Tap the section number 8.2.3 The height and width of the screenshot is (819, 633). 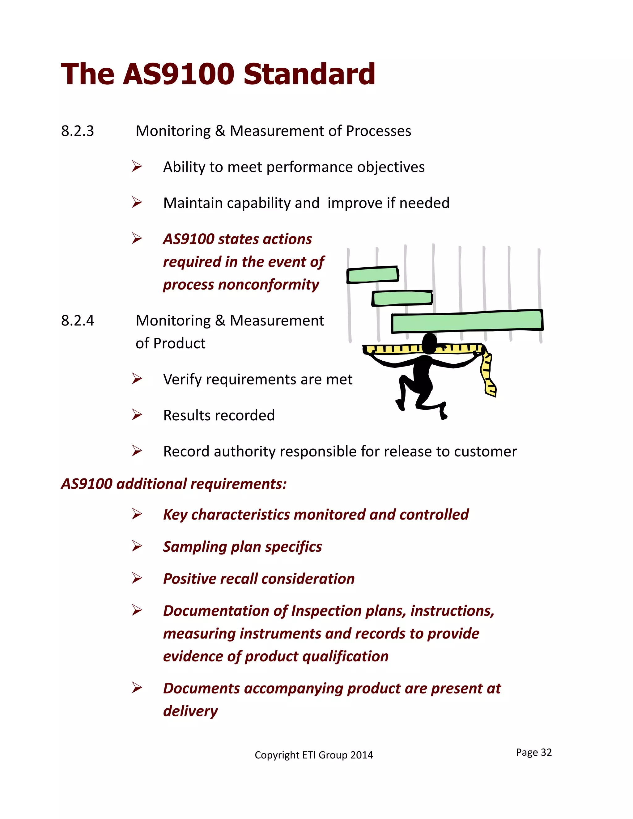[x=78, y=131]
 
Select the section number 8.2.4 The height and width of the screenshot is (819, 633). [x=78, y=320]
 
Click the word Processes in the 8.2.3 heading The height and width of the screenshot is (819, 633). [x=378, y=131]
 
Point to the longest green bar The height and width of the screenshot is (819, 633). [x=467, y=321]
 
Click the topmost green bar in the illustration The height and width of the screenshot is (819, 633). [x=372, y=275]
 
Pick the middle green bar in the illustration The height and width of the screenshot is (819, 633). [x=402, y=298]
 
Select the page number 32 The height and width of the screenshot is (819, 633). [x=546, y=752]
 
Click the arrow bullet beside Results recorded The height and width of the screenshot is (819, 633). [x=137, y=415]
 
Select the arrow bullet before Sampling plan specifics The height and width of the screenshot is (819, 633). [x=137, y=546]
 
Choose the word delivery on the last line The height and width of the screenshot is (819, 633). [x=190, y=711]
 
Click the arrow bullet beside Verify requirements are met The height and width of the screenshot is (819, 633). [x=137, y=379]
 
